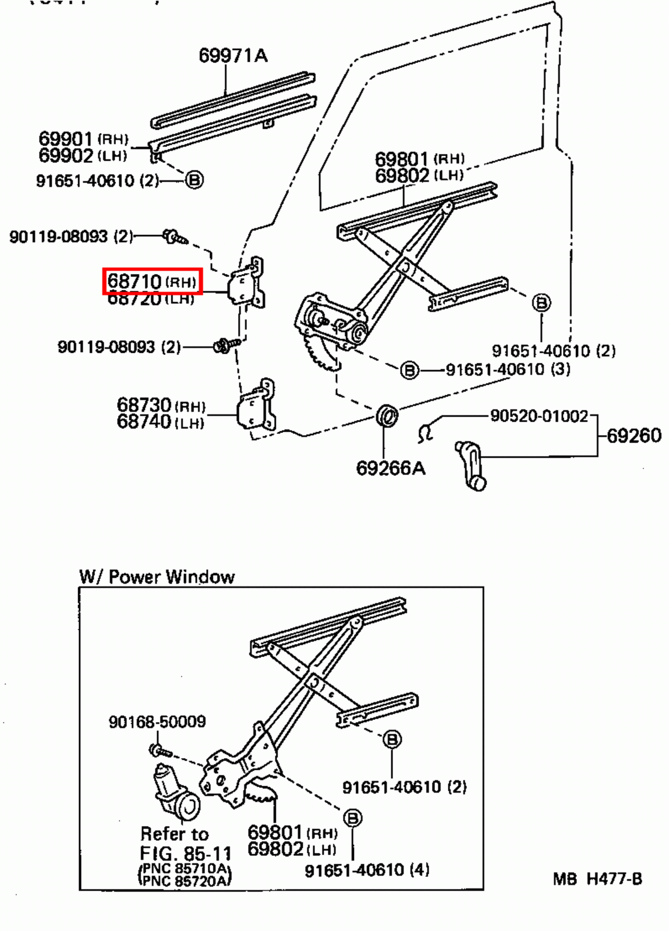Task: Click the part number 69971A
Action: click(233, 55)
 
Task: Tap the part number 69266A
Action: click(390, 468)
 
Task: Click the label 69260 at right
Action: click(633, 436)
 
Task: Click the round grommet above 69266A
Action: click(387, 415)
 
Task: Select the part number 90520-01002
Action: click(539, 416)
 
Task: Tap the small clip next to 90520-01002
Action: click(426, 432)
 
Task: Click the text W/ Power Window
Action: click(157, 577)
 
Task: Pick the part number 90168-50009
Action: click(157, 722)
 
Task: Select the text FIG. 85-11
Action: click(185, 854)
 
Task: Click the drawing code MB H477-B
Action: click(597, 879)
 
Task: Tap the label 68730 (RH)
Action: click(161, 405)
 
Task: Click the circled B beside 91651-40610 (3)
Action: click(409, 369)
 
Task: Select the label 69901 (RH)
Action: click(83, 139)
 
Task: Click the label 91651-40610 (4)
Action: click(367, 870)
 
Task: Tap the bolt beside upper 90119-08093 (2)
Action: click(174, 237)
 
